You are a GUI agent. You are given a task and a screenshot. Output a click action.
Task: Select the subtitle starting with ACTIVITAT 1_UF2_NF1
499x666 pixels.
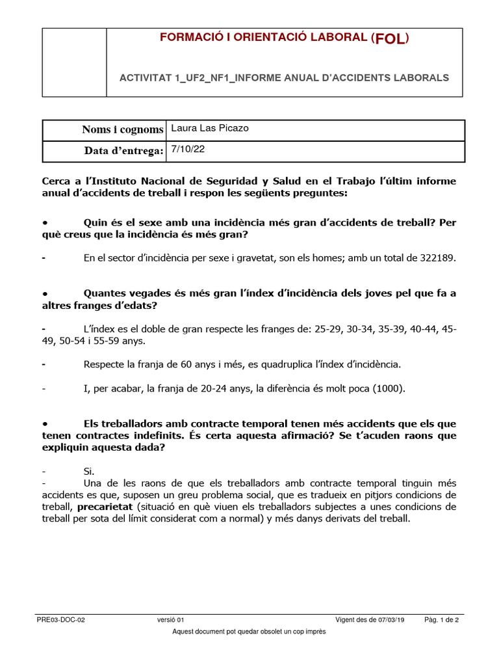[284, 77]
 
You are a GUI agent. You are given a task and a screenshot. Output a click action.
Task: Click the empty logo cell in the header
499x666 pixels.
[75, 62]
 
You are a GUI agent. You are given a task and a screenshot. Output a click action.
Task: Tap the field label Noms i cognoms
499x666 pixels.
[122, 130]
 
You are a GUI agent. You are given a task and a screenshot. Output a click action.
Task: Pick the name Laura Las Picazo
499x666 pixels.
[209, 129]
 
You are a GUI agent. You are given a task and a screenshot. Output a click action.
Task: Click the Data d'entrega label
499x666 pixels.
[123, 151]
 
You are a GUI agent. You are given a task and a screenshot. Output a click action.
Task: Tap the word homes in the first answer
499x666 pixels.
[329, 258]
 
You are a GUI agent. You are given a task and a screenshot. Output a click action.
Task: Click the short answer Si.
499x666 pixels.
[89, 471]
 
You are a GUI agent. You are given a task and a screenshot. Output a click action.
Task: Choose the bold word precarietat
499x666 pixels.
[103, 506]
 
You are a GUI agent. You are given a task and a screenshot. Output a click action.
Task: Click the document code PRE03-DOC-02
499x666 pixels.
[60, 620]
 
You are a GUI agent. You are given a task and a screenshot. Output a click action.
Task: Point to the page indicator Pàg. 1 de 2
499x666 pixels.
[442, 620]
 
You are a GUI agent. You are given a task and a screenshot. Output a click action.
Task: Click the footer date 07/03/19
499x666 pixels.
[387, 620]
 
